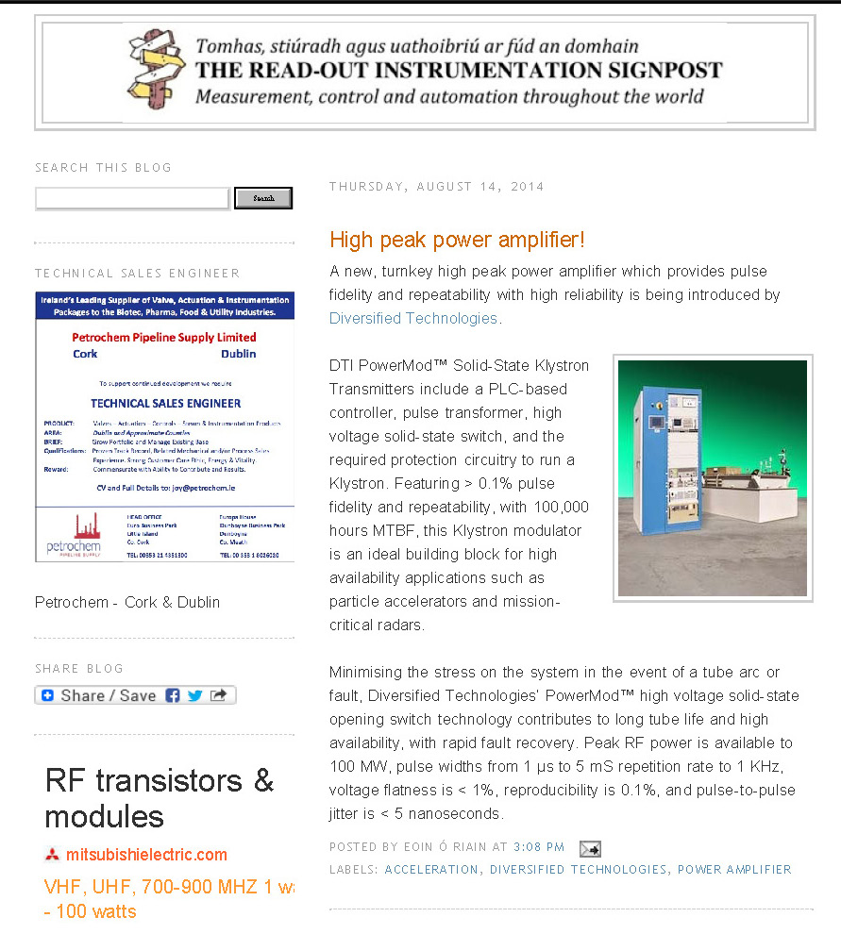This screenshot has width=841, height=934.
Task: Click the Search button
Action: coord(263,198)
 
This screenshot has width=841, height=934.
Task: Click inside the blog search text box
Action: coord(132,198)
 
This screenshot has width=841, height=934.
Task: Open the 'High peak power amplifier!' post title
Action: coord(457,240)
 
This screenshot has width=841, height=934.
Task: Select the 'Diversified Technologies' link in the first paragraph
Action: coord(413,318)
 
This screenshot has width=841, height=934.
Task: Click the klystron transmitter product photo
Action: coord(713,478)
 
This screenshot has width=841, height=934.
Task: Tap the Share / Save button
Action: coord(135,695)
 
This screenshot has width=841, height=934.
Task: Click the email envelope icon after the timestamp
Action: coord(589,848)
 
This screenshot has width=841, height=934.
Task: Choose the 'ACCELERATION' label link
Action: coord(431,870)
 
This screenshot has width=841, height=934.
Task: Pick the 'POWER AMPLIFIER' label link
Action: coord(734,870)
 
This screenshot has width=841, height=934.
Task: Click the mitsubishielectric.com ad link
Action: coord(146,855)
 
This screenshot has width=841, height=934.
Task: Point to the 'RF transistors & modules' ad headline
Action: coord(159,798)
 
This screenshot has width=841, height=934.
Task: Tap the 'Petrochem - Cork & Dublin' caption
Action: coord(127,602)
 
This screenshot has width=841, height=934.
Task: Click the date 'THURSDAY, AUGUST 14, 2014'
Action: coord(436,187)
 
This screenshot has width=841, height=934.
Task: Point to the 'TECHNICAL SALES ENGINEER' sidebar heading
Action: coord(138,274)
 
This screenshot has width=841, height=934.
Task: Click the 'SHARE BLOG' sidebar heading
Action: coord(79,669)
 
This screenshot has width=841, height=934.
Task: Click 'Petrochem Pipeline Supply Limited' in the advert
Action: coord(164,337)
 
